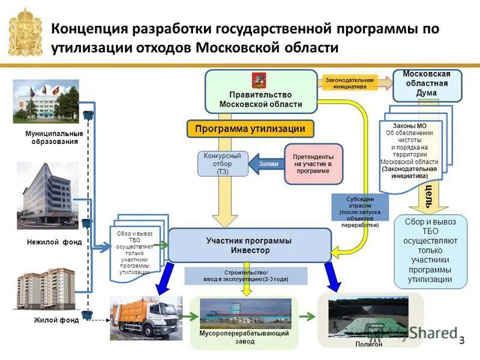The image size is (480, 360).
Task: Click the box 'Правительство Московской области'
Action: (260, 91)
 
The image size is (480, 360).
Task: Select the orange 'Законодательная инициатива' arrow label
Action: (349, 83)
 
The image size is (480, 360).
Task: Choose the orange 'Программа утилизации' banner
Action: (250, 128)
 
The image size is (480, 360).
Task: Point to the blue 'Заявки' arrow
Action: (266, 163)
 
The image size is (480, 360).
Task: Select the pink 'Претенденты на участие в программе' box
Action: (313, 163)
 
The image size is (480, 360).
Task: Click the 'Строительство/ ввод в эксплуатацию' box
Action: (246, 276)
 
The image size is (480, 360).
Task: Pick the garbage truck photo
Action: (146, 317)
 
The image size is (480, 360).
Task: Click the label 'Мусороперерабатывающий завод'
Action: (244, 337)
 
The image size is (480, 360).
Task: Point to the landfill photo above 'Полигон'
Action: (368, 316)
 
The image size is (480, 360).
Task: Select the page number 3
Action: (462, 341)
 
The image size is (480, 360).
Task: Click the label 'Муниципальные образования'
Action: (55, 137)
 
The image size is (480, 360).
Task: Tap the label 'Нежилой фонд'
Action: (54, 242)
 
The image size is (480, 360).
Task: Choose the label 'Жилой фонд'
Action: (56, 320)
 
